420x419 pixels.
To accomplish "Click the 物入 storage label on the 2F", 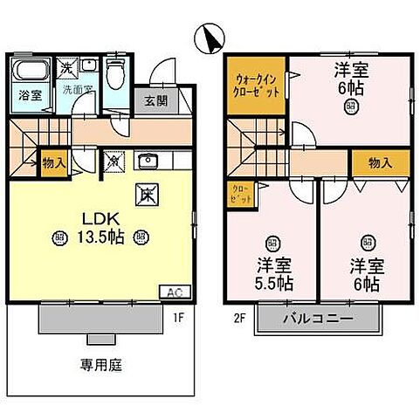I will [379, 163].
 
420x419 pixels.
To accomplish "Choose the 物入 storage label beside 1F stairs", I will [53, 162].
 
